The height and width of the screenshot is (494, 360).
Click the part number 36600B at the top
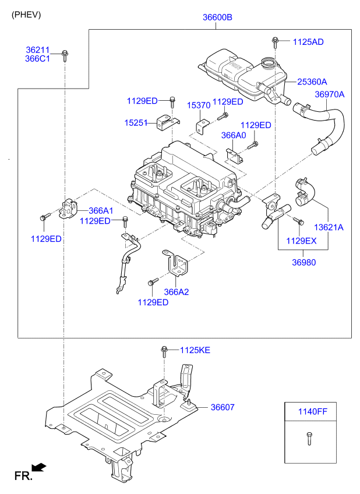[217, 17]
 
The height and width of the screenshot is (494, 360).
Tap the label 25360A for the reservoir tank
[312, 82]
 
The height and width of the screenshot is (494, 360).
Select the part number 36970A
[330, 94]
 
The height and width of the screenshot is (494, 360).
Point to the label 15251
[136, 123]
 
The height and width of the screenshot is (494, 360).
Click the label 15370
[199, 105]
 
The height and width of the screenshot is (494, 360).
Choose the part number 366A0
[234, 135]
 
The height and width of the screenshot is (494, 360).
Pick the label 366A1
[101, 210]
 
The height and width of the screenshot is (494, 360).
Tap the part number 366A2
[177, 292]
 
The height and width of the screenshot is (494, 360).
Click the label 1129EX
[301, 241]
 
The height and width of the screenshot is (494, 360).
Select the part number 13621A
[329, 227]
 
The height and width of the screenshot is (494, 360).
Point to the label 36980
[304, 262]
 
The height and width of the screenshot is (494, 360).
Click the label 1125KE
[195, 350]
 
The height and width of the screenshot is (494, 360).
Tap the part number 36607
[223, 407]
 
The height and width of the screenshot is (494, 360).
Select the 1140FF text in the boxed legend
[313, 411]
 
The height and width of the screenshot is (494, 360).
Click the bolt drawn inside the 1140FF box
[309, 438]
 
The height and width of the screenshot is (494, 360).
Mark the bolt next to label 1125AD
[275, 42]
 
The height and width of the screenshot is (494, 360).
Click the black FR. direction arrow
[39, 468]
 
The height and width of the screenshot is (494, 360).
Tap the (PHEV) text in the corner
[26, 15]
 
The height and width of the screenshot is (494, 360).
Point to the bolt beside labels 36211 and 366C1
[65, 55]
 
